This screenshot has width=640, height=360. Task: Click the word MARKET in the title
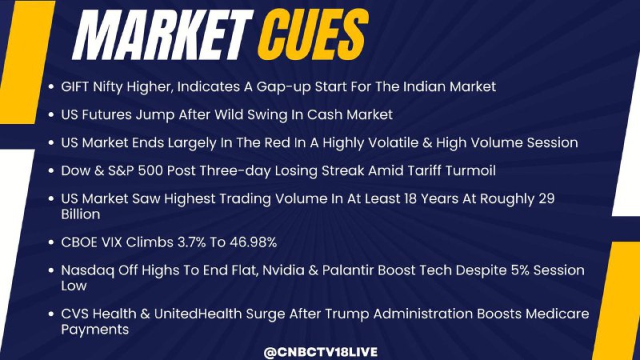click(162, 35)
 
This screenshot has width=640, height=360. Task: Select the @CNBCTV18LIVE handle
click(321, 352)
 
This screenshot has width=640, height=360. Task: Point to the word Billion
click(81, 214)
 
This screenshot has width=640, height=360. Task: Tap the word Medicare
click(557, 314)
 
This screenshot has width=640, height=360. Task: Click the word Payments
click(94, 330)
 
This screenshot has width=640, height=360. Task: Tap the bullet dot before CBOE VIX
click(51, 242)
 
